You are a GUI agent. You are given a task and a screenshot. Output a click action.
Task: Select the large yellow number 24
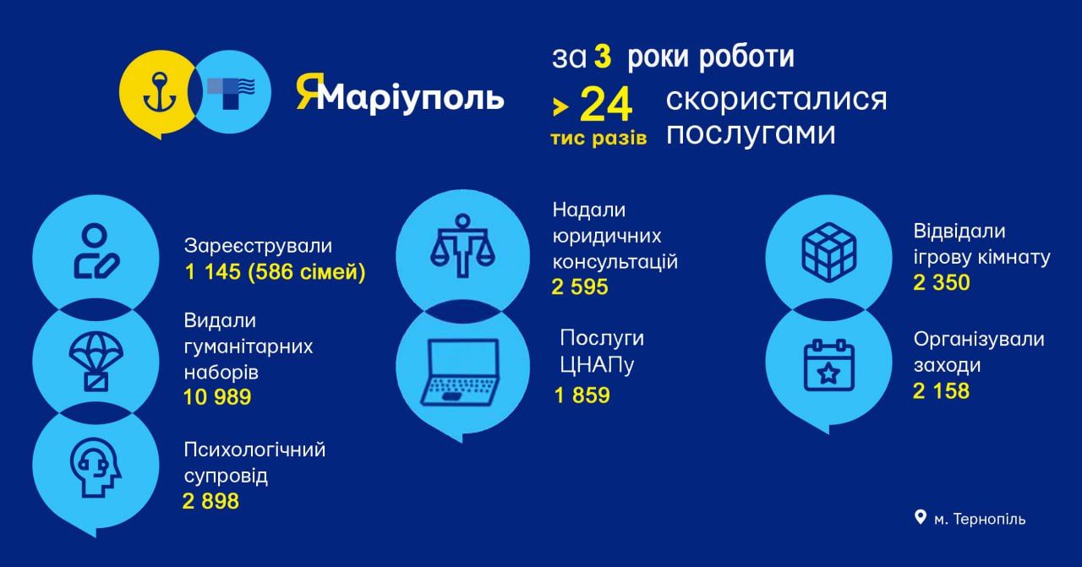(x=605, y=106)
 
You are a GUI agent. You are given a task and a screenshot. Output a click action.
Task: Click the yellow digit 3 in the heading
(x=601, y=57)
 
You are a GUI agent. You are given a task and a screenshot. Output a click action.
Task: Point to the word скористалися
(x=776, y=99)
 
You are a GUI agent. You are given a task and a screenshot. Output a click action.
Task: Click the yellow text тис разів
(x=598, y=138)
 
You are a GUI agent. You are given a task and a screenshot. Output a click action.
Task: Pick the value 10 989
(x=217, y=397)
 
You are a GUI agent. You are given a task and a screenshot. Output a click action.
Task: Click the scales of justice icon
(x=462, y=246)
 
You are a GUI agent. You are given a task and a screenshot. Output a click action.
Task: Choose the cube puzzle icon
(x=828, y=250)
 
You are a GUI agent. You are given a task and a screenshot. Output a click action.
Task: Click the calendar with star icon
(x=828, y=366)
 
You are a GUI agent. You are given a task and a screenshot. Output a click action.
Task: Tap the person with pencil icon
(x=95, y=251)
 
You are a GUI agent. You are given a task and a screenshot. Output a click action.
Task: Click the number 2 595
(x=580, y=287)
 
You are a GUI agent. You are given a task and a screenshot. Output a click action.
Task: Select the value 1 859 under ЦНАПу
(x=582, y=395)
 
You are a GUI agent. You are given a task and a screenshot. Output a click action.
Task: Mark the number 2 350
(x=942, y=282)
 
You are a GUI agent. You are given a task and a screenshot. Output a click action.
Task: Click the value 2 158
(x=941, y=391)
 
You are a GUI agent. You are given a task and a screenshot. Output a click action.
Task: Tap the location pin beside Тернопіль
(x=921, y=517)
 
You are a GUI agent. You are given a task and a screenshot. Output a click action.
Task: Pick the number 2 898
(x=210, y=502)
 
